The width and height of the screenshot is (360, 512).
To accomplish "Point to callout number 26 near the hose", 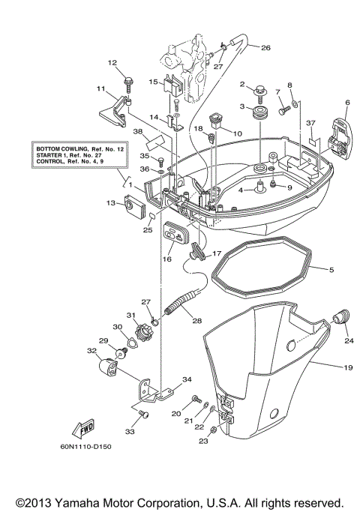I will pos(265,47).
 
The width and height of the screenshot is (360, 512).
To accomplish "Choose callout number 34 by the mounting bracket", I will pos(187,379).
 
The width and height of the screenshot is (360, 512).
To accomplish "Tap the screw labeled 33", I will pos(145,413).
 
